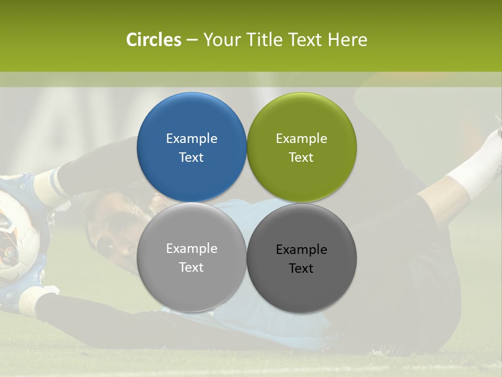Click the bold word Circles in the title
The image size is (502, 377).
click(x=153, y=40)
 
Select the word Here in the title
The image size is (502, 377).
click(x=348, y=40)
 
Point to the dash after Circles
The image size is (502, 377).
click(x=192, y=40)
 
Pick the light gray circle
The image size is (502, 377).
click(x=191, y=283)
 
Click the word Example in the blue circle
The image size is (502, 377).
click(x=191, y=138)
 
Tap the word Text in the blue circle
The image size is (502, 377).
click(x=191, y=157)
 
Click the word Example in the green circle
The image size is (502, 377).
click(x=302, y=138)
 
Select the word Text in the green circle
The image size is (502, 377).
click(x=302, y=157)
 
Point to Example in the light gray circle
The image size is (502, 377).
click(x=191, y=248)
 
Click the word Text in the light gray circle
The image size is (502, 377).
click(x=191, y=267)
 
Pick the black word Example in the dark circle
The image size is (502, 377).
click(x=302, y=249)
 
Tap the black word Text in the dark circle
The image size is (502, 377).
click(x=302, y=268)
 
